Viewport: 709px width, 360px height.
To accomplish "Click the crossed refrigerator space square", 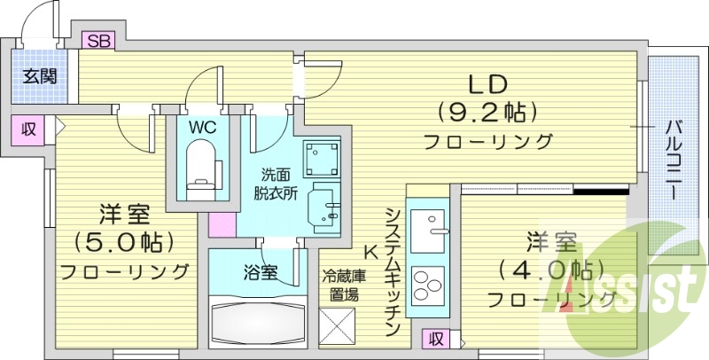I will (x=340, y=328).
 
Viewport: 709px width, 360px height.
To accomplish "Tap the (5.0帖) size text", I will (x=123, y=241).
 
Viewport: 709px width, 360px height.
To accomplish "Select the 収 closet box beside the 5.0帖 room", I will (x=29, y=129).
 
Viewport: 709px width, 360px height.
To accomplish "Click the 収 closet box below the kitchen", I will (x=434, y=338).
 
